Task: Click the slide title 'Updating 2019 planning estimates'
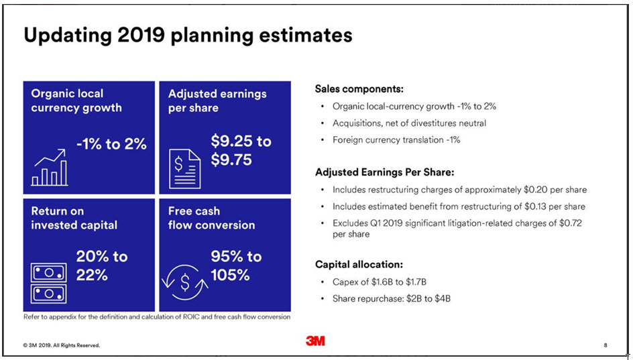[x=188, y=35]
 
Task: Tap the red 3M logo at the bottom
[x=315, y=341]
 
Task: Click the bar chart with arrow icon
[x=50, y=167]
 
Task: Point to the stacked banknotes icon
[x=49, y=283]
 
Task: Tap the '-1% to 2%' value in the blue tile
[x=111, y=143]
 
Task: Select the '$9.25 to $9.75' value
[x=241, y=150]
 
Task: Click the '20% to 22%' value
[x=102, y=265]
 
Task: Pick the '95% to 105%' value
[x=236, y=265]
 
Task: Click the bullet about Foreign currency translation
[x=396, y=140]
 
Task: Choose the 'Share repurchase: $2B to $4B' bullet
[x=391, y=298]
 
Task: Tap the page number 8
[x=606, y=345]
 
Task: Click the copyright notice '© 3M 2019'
[x=62, y=345]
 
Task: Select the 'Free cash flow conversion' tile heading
[x=211, y=218]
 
